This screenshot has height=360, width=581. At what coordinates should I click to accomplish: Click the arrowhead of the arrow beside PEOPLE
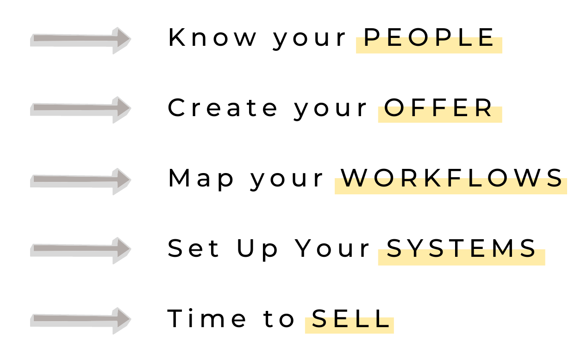(121, 40)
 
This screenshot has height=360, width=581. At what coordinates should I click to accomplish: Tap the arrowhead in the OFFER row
(121, 110)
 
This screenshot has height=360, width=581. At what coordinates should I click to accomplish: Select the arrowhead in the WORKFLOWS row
(121, 181)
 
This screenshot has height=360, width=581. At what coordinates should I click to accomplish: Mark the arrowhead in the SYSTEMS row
(121, 250)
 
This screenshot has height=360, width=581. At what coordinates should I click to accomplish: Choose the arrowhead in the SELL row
(121, 320)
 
